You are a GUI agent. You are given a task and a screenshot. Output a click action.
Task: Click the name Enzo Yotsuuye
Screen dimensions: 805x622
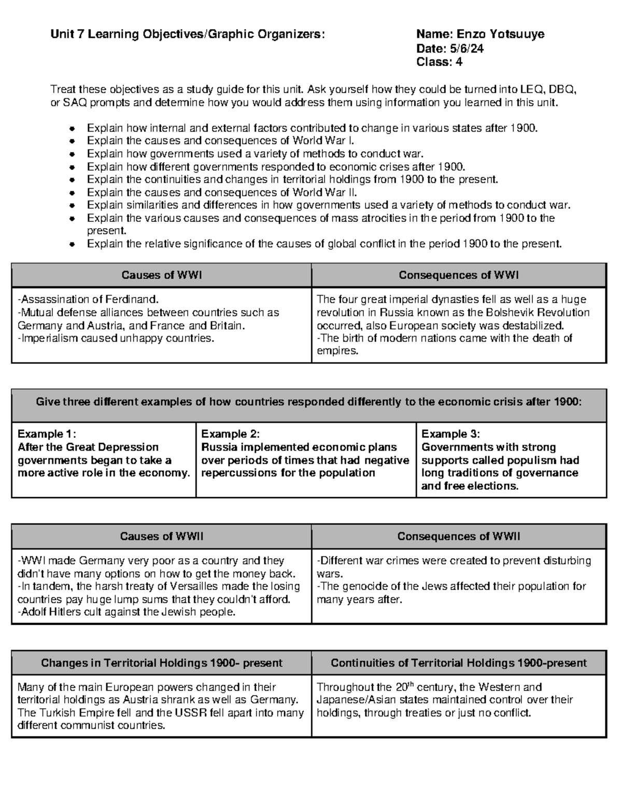coord(500,35)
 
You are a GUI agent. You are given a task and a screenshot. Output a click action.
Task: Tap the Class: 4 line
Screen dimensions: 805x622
coord(439,63)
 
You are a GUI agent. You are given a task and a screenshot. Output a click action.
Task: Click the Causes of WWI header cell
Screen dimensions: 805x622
coord(161,275)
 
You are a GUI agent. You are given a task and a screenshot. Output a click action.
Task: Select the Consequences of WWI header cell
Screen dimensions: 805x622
coord(458,275)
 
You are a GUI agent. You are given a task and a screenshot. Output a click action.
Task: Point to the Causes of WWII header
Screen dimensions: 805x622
coord(161,536)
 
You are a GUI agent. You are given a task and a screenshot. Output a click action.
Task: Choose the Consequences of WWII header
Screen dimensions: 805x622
coord(458,536)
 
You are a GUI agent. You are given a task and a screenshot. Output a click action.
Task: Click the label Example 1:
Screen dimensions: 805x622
coord(47,434)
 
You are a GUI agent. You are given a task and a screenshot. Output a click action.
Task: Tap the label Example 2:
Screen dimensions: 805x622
coord(230,434)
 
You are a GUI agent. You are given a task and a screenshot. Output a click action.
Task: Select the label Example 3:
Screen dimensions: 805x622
coord(450,434)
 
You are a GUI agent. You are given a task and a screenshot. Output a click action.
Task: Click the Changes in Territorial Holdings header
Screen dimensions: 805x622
coord(161,663)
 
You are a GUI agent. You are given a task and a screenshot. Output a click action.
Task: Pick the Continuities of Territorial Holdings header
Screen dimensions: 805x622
coord(458,663)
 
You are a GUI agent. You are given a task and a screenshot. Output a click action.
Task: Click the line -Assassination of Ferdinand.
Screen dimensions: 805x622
coord(88,300)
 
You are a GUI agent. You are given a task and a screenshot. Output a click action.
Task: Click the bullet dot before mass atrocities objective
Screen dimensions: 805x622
coord(73,219)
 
